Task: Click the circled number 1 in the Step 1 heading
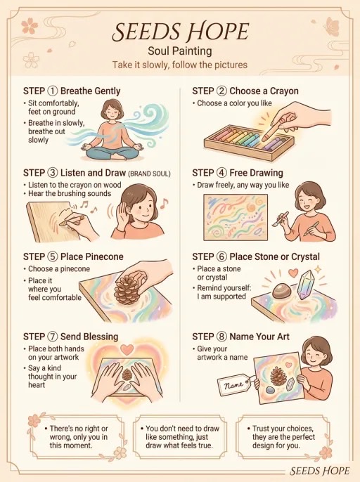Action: [x=52, y=91]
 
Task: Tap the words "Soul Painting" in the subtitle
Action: [x=180, y=51]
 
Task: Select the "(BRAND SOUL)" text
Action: [x=149, y=174]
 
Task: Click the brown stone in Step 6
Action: [x=281, y=290]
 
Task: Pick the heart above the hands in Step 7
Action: [x=127, y=349]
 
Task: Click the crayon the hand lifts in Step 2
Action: [x=271, y=131]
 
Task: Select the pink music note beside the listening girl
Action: [x=164, y=203]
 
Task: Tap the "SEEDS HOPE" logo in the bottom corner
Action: [x=319, y=471]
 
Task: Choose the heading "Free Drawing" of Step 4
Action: [x=256, y=173]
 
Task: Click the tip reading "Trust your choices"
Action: [x=283, y=437]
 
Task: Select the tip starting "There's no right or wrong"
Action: [x=77, y=437]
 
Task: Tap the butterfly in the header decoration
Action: [x=330, y=26]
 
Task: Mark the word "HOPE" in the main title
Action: [x=218, y=32]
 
